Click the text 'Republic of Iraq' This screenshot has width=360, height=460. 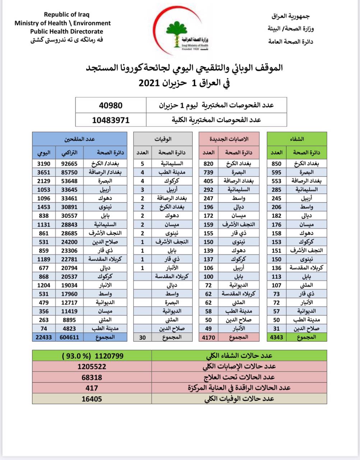coord(66,15)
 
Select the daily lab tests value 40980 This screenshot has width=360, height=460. coord(111,106)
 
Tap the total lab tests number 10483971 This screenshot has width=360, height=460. coord(111,120)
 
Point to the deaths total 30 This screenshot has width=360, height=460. coord(142,337)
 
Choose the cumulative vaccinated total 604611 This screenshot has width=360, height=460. coord(70,337)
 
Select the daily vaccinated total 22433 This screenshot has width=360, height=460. coord(43,337)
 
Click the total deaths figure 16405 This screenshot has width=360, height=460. coord(92,399)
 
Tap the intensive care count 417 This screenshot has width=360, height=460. coord(92,388)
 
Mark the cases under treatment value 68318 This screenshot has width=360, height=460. coord(92,377)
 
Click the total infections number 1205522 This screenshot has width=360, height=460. coord(92,367)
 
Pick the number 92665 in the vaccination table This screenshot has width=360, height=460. coord(70,164)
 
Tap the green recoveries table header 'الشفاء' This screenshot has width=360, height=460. coord(296,139)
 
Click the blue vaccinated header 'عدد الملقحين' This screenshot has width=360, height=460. coord(79,139)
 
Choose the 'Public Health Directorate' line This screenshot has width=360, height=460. coord(66,31)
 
